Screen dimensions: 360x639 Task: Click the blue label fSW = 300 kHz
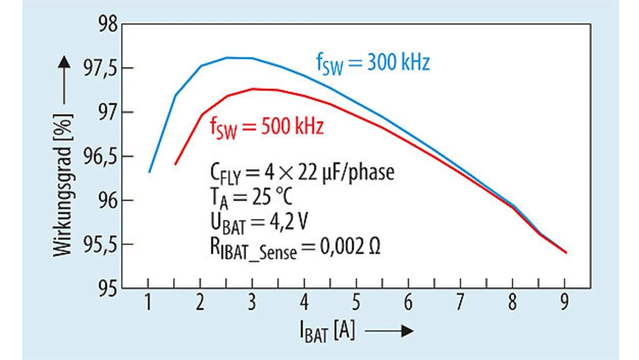(372, 64)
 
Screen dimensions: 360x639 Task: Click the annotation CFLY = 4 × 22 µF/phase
(302, 173)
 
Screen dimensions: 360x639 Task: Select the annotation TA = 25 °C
(251, 197)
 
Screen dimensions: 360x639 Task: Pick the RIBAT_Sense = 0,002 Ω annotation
(295, 248)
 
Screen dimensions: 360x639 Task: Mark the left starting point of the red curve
(175, 164)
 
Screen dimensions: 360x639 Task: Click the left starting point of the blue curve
(149, 172)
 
